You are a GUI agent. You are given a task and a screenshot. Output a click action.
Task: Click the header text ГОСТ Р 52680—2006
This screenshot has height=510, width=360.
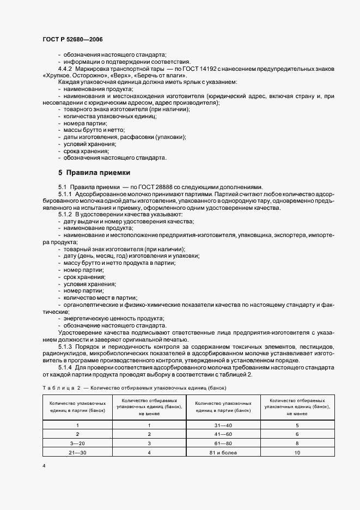click(72, 40)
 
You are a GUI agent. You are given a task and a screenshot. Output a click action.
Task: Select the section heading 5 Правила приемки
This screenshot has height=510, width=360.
click(94, 173)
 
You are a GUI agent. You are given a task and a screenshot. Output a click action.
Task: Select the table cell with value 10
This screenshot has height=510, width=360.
click(297, 452)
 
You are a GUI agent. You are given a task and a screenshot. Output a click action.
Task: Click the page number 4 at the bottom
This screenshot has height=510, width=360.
click(43, 466)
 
